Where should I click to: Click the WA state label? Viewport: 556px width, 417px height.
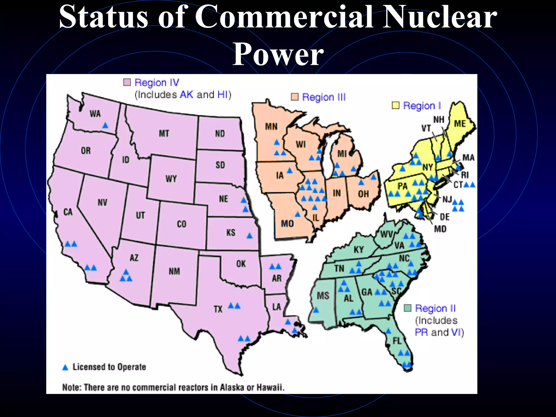[x=95, y=113]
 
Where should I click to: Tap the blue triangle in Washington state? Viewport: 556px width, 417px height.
[x=105, y=125]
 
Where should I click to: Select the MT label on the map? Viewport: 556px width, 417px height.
[x=164, y=134]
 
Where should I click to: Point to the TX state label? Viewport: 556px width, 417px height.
[x=218, y=309]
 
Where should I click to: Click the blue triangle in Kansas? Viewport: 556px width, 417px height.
[x=249, y=236]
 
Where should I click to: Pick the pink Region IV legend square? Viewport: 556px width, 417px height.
[x=127, y=82]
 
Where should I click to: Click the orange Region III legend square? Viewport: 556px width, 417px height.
[x=295, y=97]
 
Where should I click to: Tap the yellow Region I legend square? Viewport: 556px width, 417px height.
[x=396, y=105]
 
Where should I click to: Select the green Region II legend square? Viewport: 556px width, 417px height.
[x=407, y=308]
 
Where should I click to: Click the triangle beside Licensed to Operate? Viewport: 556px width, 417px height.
[x=65, y=368]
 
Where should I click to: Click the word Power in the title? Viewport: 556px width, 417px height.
[x=278, y=54]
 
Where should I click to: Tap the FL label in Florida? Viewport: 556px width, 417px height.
[x=397, y=341]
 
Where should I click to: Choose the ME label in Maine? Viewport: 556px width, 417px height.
[x=460, y=124]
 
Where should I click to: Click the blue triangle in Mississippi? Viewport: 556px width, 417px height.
[x=316, y=310]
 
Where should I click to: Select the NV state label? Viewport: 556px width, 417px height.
[x=102, y=202]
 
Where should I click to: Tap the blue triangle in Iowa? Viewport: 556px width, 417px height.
[x=290, y=170]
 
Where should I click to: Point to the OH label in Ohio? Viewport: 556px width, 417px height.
[x=363, y=194]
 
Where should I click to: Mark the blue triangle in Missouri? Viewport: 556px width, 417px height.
[x=298, y=214]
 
